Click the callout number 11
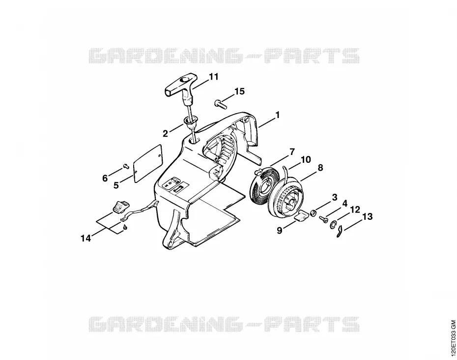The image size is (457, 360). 214,77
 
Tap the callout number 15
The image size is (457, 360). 240,91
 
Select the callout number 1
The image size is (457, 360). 278,115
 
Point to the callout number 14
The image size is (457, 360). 86,239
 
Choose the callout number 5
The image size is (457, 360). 116,185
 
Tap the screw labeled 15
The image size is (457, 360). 221,104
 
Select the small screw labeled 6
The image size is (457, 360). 126,166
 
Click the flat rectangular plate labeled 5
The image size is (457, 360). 148,163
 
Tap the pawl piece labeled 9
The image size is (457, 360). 300,216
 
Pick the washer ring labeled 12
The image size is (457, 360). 333,225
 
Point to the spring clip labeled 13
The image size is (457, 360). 339,233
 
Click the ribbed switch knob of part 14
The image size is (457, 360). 120,206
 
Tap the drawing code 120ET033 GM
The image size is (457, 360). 453,336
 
